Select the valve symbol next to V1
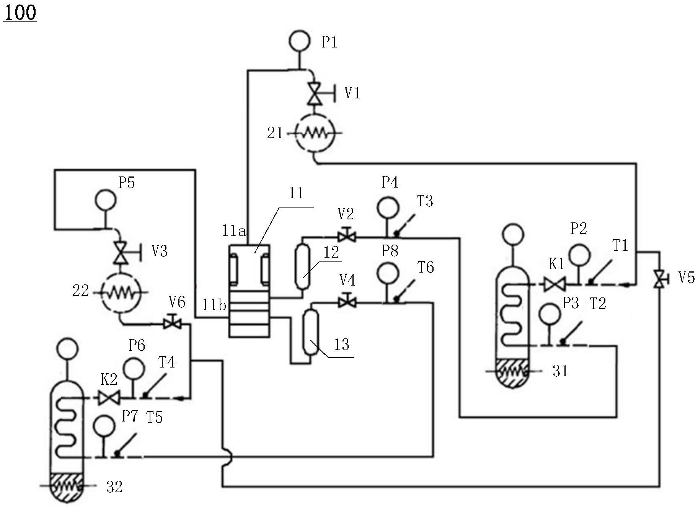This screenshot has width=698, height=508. (315, 93)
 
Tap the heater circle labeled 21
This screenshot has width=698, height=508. (315, 133)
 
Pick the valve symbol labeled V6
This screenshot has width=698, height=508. (172, 324)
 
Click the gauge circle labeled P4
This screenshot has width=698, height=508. (388, 207)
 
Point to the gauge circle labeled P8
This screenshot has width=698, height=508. (388, 273)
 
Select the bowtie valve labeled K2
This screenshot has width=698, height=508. (109, 398)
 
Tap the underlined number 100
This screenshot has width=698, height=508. (20, 13)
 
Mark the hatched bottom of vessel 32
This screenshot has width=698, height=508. (67, 487)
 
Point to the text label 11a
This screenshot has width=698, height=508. (233, 231)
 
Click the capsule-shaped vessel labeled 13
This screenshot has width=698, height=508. (310, 332)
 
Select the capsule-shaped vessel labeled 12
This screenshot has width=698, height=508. (302, 267)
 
